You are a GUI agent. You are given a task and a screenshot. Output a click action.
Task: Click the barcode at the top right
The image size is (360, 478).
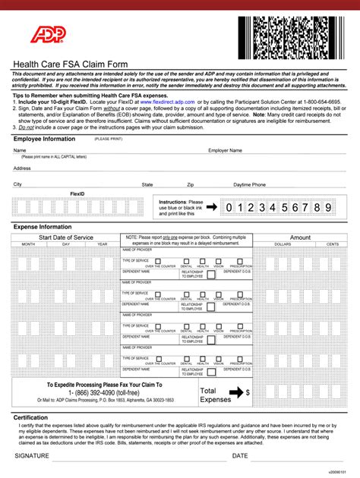pyautogui.click(x=298, y=31)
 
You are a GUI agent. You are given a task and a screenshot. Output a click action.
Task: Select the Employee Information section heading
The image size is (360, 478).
pyautogui.click(x=44, y=139)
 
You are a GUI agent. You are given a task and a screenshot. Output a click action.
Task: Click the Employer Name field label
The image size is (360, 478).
pyautogui.click(x=226, y=150)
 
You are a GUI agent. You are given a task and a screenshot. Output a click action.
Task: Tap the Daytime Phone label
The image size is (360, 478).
pyautogui.click(x=249, y=184)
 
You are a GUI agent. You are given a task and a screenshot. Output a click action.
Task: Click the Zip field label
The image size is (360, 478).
pyautogui.click(x=191, y=184)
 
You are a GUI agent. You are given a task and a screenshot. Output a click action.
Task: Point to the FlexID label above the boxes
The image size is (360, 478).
pyautogui.click(x=77, y=194)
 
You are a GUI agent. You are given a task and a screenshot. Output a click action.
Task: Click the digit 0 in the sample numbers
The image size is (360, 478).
pyautogui.click(x=229, y=207)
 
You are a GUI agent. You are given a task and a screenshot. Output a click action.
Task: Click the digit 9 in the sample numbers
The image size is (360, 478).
pyautogui.click(x=328, y=207)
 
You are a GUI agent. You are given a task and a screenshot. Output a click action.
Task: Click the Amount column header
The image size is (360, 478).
pyautogui.click(x=300, y=237)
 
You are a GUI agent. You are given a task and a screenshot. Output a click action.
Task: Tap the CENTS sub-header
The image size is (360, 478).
pyautogui.click(x=332, y=244)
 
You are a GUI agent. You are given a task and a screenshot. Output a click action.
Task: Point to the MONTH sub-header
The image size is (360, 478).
pyautogui.click(x=28, y=244)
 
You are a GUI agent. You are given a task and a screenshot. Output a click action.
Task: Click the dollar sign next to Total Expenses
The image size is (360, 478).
pyautogui.click(x=248, y=392)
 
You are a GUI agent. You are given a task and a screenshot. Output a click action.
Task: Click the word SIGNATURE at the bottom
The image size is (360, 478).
pyautogui.click(x=32, y=456)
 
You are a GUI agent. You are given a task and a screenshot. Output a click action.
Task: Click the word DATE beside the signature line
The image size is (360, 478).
pyautogui.click(x=240, y=456)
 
